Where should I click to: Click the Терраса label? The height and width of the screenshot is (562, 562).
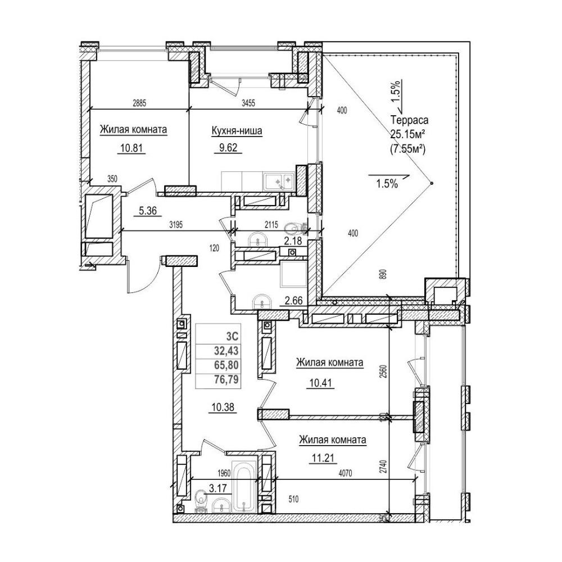click(x=410, y=120)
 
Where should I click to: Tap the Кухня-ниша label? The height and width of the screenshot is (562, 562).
click(x=237, y=131)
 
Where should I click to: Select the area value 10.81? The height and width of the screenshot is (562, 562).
click(x=131, y=148)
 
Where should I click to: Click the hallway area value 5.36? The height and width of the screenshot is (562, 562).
click(x=148, y=211)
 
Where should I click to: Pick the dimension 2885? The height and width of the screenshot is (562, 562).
click(x=139, y=104)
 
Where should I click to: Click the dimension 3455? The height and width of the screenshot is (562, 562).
click(x=248, y=104)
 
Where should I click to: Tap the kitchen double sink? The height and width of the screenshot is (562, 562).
click(x=279, y=182)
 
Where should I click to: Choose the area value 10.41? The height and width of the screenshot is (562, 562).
click(x=320, y=383)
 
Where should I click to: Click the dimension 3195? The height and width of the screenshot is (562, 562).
click(x=176, y=225)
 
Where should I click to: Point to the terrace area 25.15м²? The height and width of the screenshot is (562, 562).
click(x=408, y=134)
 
